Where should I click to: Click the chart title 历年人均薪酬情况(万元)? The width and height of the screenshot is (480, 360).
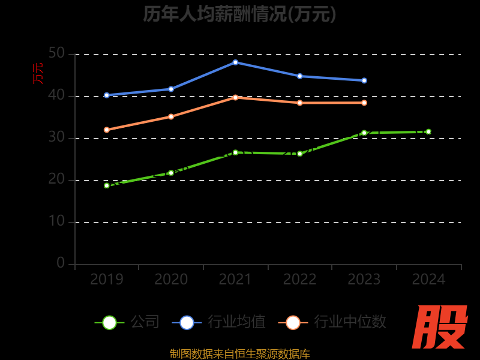point(239,13)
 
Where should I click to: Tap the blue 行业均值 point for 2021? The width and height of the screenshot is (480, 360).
point(235,62)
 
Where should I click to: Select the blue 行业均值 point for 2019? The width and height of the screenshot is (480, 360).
point(107,95)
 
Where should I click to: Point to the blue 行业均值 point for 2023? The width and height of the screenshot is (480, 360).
point(364,80)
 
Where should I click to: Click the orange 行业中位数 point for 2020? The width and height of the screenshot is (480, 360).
point(171,116)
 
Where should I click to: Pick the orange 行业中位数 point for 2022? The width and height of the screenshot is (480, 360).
point(300,103)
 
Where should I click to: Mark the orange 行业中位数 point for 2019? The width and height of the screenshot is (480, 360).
point(107,130)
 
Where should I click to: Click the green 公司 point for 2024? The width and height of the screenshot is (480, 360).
point(428,131)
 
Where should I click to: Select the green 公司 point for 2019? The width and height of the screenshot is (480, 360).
point(107,185)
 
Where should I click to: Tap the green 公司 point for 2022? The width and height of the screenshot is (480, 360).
point(300,154)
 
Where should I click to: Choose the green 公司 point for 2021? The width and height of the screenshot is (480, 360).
point(235,152)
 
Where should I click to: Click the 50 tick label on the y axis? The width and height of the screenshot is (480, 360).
point(56,53)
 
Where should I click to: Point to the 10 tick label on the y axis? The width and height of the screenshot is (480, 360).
point(56,221)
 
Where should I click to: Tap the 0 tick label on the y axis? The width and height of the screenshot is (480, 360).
point(61,263)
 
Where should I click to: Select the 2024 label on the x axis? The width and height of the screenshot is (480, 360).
point(428,280)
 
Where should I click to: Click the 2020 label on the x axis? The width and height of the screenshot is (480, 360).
point(171,280)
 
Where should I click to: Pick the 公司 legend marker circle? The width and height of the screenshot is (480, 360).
point(109,322)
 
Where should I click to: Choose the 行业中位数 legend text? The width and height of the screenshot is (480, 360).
point(350,322)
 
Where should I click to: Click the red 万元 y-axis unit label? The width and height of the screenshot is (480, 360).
point(38,73)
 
